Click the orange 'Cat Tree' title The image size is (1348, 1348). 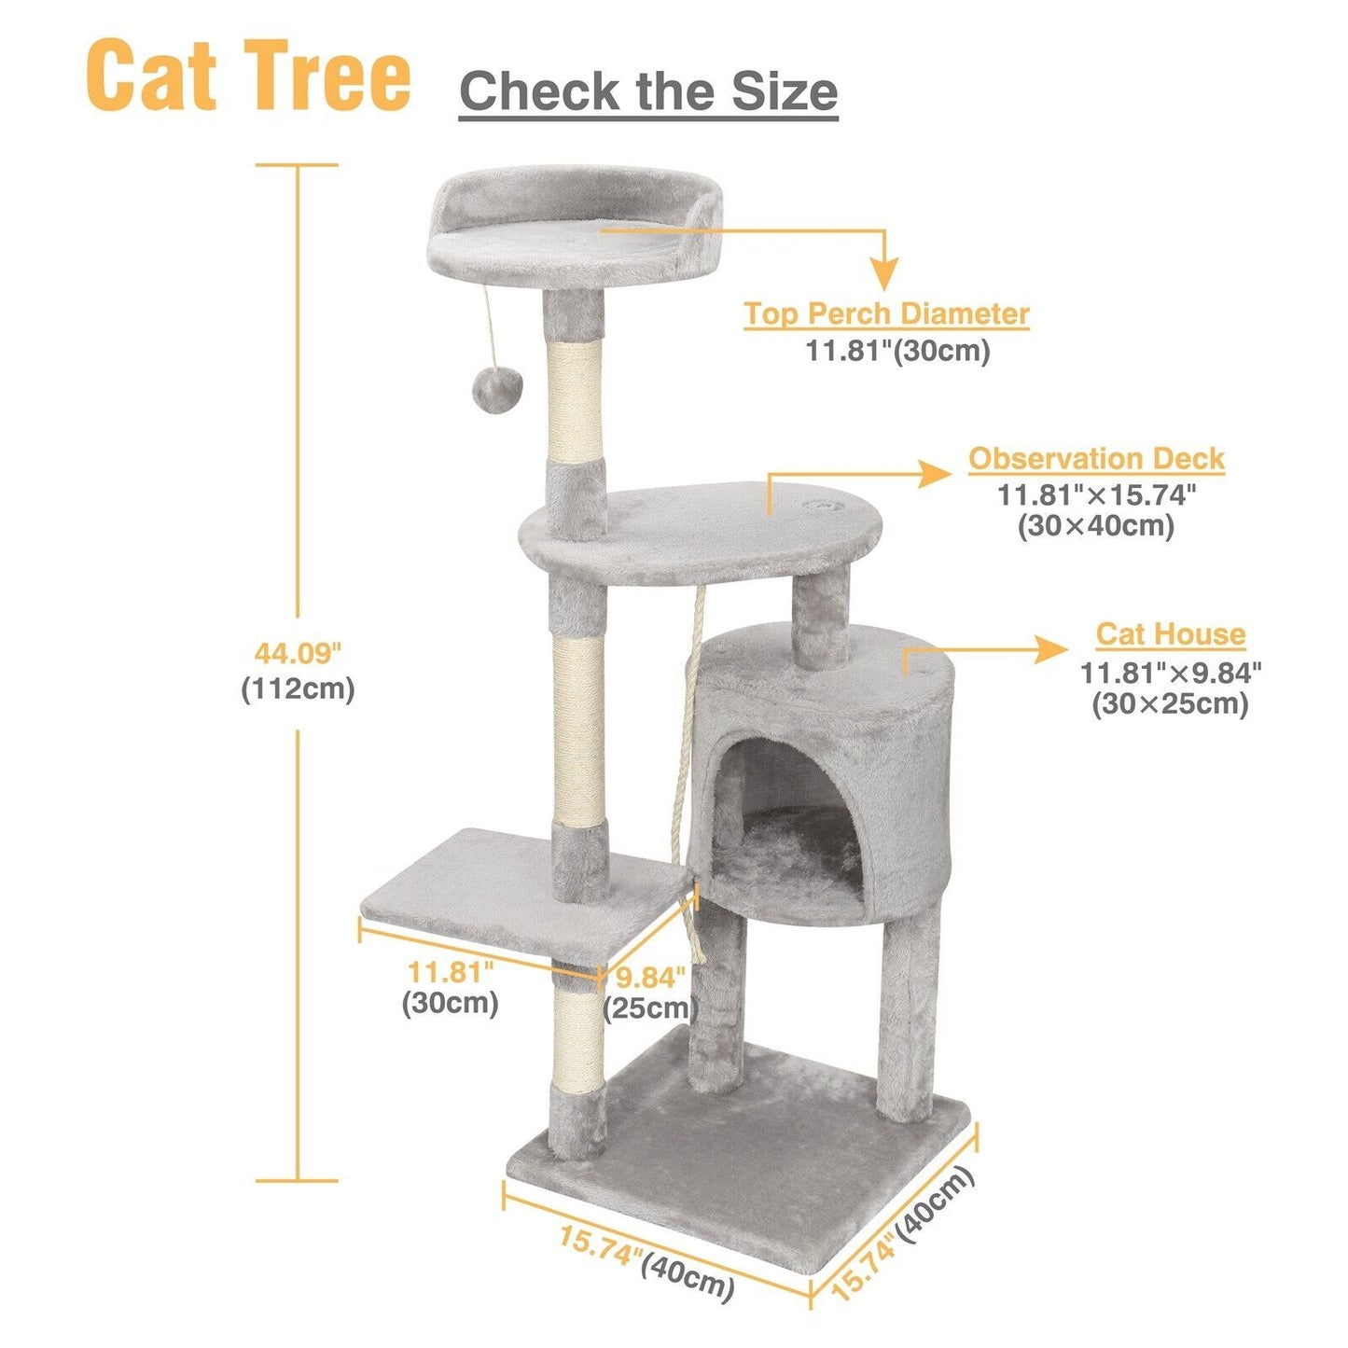(x=247, y=76)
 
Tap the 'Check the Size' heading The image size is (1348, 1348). (x=647, y=90)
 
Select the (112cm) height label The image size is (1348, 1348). (x=298, y=689)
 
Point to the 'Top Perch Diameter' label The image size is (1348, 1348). (x=885, y=313)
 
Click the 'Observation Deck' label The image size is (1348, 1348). (x=1096, y=459)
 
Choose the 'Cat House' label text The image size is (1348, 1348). (x=1171, y=633)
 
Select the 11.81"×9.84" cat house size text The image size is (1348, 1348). (x=1171, y=673)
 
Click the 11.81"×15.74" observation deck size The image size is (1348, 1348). (x=1096, y=495)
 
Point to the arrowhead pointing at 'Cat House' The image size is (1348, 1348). (x=1050, y=650)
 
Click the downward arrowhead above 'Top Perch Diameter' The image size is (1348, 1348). (x=885, y=274)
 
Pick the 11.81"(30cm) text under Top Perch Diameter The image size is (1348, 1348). (x=898, y=351)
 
